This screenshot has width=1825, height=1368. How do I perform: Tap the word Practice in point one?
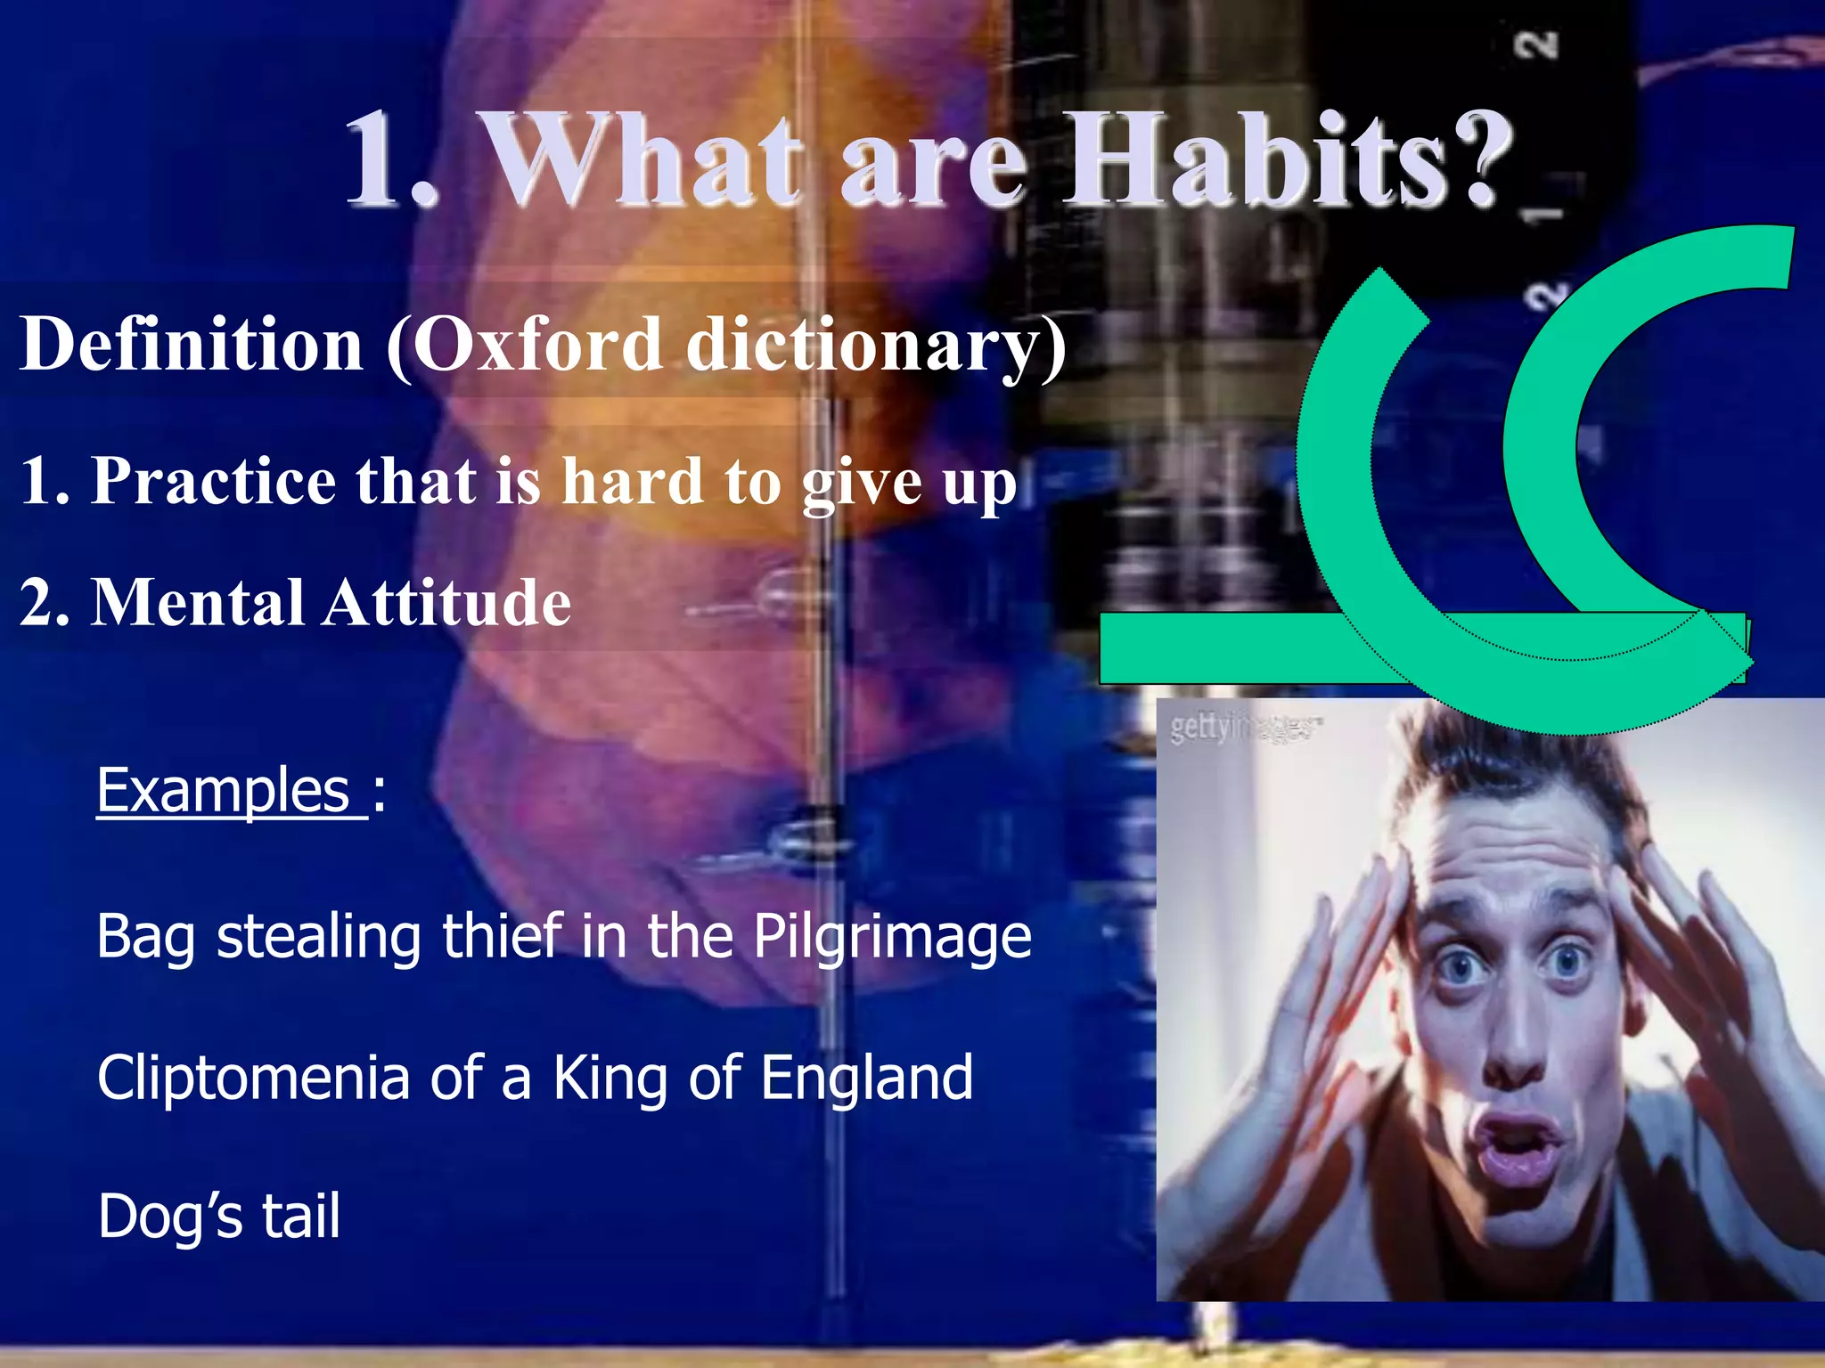tap(214, 480)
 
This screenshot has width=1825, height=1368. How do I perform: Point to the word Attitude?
tap(446, 602)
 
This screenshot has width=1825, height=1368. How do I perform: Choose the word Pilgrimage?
tap(892, 937)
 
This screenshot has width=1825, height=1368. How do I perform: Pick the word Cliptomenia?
tap(253, 1077)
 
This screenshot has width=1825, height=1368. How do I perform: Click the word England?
tap(866, 1077)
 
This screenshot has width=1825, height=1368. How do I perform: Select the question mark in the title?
tap(1480, 160)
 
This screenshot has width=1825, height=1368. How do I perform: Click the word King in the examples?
tap(610, 1077)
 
